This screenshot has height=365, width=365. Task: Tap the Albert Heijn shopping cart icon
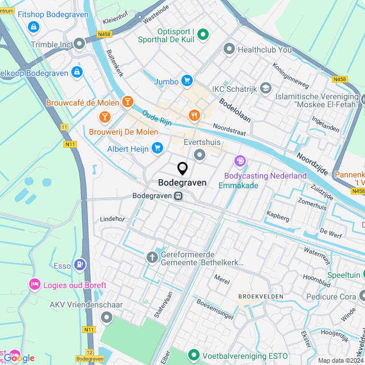(157, 148)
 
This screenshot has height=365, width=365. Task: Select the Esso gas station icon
(80, 265)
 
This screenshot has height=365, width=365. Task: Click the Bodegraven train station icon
(179, 196)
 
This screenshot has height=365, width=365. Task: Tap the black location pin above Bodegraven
(182, 169)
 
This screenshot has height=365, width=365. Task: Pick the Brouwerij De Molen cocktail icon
(104, 117)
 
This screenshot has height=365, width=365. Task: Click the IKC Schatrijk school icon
(266, 88)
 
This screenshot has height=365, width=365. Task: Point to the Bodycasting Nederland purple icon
(240, 161)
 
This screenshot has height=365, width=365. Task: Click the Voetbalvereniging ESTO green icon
(194, 355)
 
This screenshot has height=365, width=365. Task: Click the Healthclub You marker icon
(229, 50)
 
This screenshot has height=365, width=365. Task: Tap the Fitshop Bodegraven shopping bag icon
(34, 26)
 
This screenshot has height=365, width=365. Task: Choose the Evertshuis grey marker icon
(200, 155)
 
